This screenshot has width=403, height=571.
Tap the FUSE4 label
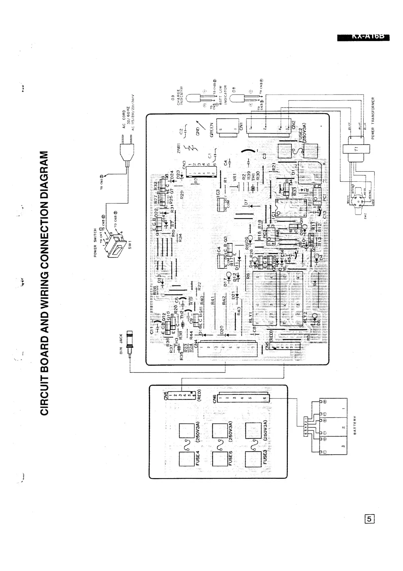click(x=198, y=458)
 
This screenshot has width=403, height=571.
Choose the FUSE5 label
click(x=230, y=458)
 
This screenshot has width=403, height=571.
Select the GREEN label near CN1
click(x=212, y=129)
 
